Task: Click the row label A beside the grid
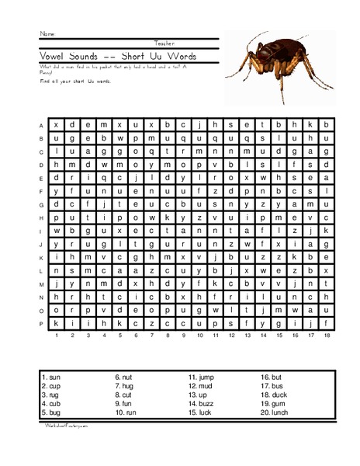41,124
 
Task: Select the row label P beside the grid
41,322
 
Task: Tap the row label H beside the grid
41,217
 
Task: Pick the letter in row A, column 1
56,124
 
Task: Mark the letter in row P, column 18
326,322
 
